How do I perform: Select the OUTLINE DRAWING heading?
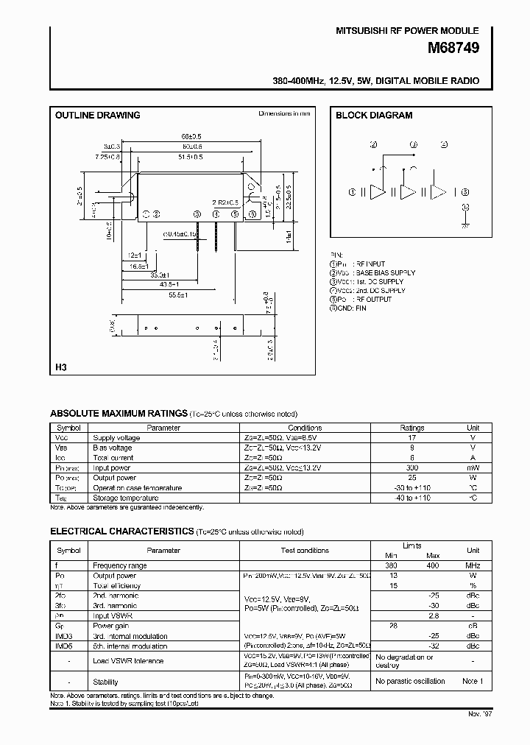point(98,116)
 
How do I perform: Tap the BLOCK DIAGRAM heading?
point(374,116)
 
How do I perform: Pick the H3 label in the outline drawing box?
point(61,367)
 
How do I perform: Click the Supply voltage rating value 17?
point(411,437)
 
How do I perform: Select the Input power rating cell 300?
point(411,467)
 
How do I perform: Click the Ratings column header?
point(411,428)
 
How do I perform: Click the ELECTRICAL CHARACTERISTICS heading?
point(121,532)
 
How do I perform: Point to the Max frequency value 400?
point(433,565)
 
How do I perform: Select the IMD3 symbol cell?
point(65,636)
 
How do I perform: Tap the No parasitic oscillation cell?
point(410,682)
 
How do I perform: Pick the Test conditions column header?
point(305,550)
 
